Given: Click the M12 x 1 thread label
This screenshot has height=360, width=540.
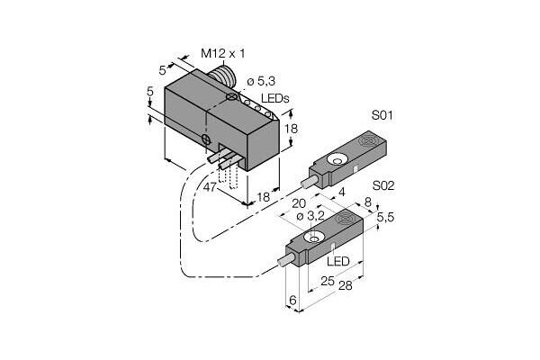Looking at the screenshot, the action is pos(223,53).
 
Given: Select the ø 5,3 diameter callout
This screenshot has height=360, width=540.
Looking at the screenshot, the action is pos(261,81).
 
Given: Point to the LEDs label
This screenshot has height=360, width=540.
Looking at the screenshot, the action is pos(274,98).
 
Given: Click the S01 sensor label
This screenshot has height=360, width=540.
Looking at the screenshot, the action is pos(382,115).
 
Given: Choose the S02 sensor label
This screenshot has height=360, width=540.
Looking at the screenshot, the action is pos(383,186).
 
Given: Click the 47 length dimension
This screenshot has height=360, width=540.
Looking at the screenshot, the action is pos(210,187).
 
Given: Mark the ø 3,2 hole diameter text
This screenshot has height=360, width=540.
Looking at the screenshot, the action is pos(310,216).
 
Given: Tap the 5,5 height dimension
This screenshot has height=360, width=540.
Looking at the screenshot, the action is pos(385,217).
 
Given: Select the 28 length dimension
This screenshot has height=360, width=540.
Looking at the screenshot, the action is pos(346,285).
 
